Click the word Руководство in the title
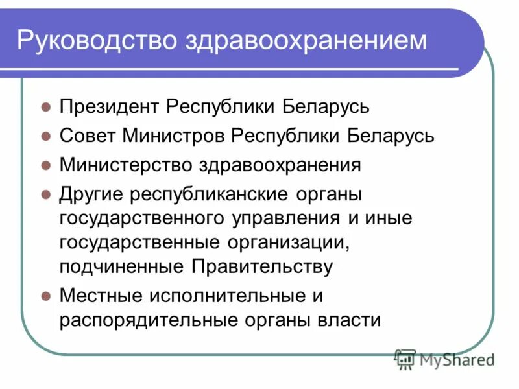pyautogui.click(x=96, y=40)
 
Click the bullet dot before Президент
pyautogui.click(x=45, y=106)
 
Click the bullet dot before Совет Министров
pyautogui.click(x=45, y=136)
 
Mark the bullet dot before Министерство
pyautogui.click(x=45, y=165)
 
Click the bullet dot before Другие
pyautogui.click(x=45, y=194)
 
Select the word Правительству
pyautogui.click(x=262, y=266)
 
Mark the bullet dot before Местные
pyautogui.click(x=45, y=296)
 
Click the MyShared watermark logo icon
pyautogui.click(x=405, y=359)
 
